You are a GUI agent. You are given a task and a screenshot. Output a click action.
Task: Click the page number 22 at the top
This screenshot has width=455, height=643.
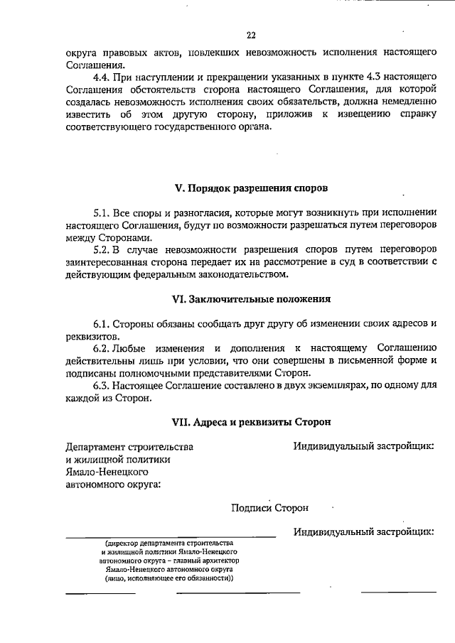tap(251, 36)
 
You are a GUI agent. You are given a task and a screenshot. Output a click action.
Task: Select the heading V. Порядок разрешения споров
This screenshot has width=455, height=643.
tap(252, 189)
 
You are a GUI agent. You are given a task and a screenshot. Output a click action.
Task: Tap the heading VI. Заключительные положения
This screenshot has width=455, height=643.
tap(252, 299)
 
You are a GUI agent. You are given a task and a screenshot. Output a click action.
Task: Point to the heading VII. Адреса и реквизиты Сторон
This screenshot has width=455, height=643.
tap(252, 421)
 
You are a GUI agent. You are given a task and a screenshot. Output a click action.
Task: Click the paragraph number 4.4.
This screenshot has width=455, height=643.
tap(103, 76)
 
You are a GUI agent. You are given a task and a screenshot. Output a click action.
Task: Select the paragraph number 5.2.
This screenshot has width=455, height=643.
tap(103, 250)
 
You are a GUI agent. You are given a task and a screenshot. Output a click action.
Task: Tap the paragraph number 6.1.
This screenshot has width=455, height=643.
tap(103, 323)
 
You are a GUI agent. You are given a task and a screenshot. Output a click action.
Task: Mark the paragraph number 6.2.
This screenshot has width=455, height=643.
tap(103, 348)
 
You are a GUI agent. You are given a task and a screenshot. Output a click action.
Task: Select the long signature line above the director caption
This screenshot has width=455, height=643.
tap(171, 536)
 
